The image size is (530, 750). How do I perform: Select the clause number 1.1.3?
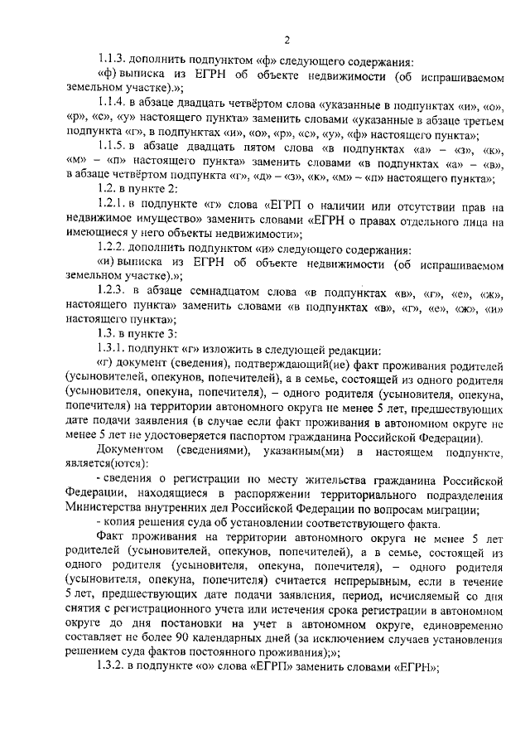click(x=111, y=59)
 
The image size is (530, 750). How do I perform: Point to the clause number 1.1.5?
click(x=111, y=143)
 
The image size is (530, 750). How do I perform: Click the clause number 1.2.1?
click(x=111, y=205)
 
